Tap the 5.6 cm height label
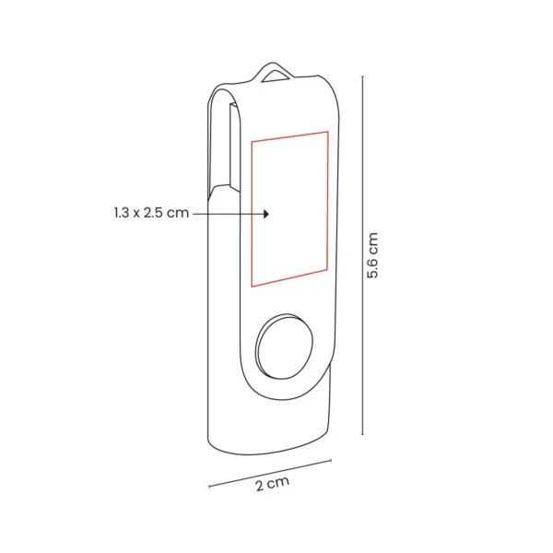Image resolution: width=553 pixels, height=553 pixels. pyautogui.click(x=374, y=259)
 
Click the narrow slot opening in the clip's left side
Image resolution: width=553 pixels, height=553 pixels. pyautogui.click(x=224, y=147)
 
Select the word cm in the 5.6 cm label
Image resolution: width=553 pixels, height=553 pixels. pyautogui.click(x=374, y=242)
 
